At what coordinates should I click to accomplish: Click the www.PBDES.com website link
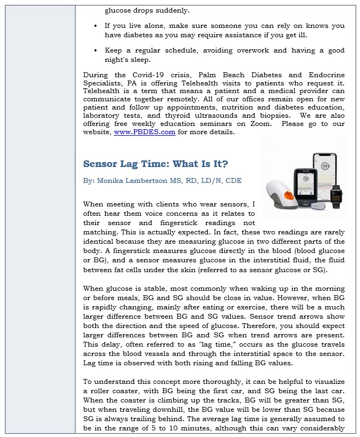tap(136, 132)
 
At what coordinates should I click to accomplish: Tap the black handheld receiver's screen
tap(304, 186)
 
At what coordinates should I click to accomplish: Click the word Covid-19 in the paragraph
tap(141, 75)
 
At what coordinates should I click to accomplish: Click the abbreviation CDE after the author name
tap(232, 180)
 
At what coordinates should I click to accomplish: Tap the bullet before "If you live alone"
tap(96, 26)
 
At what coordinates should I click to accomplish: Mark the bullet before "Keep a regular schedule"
tap(96, 50)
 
